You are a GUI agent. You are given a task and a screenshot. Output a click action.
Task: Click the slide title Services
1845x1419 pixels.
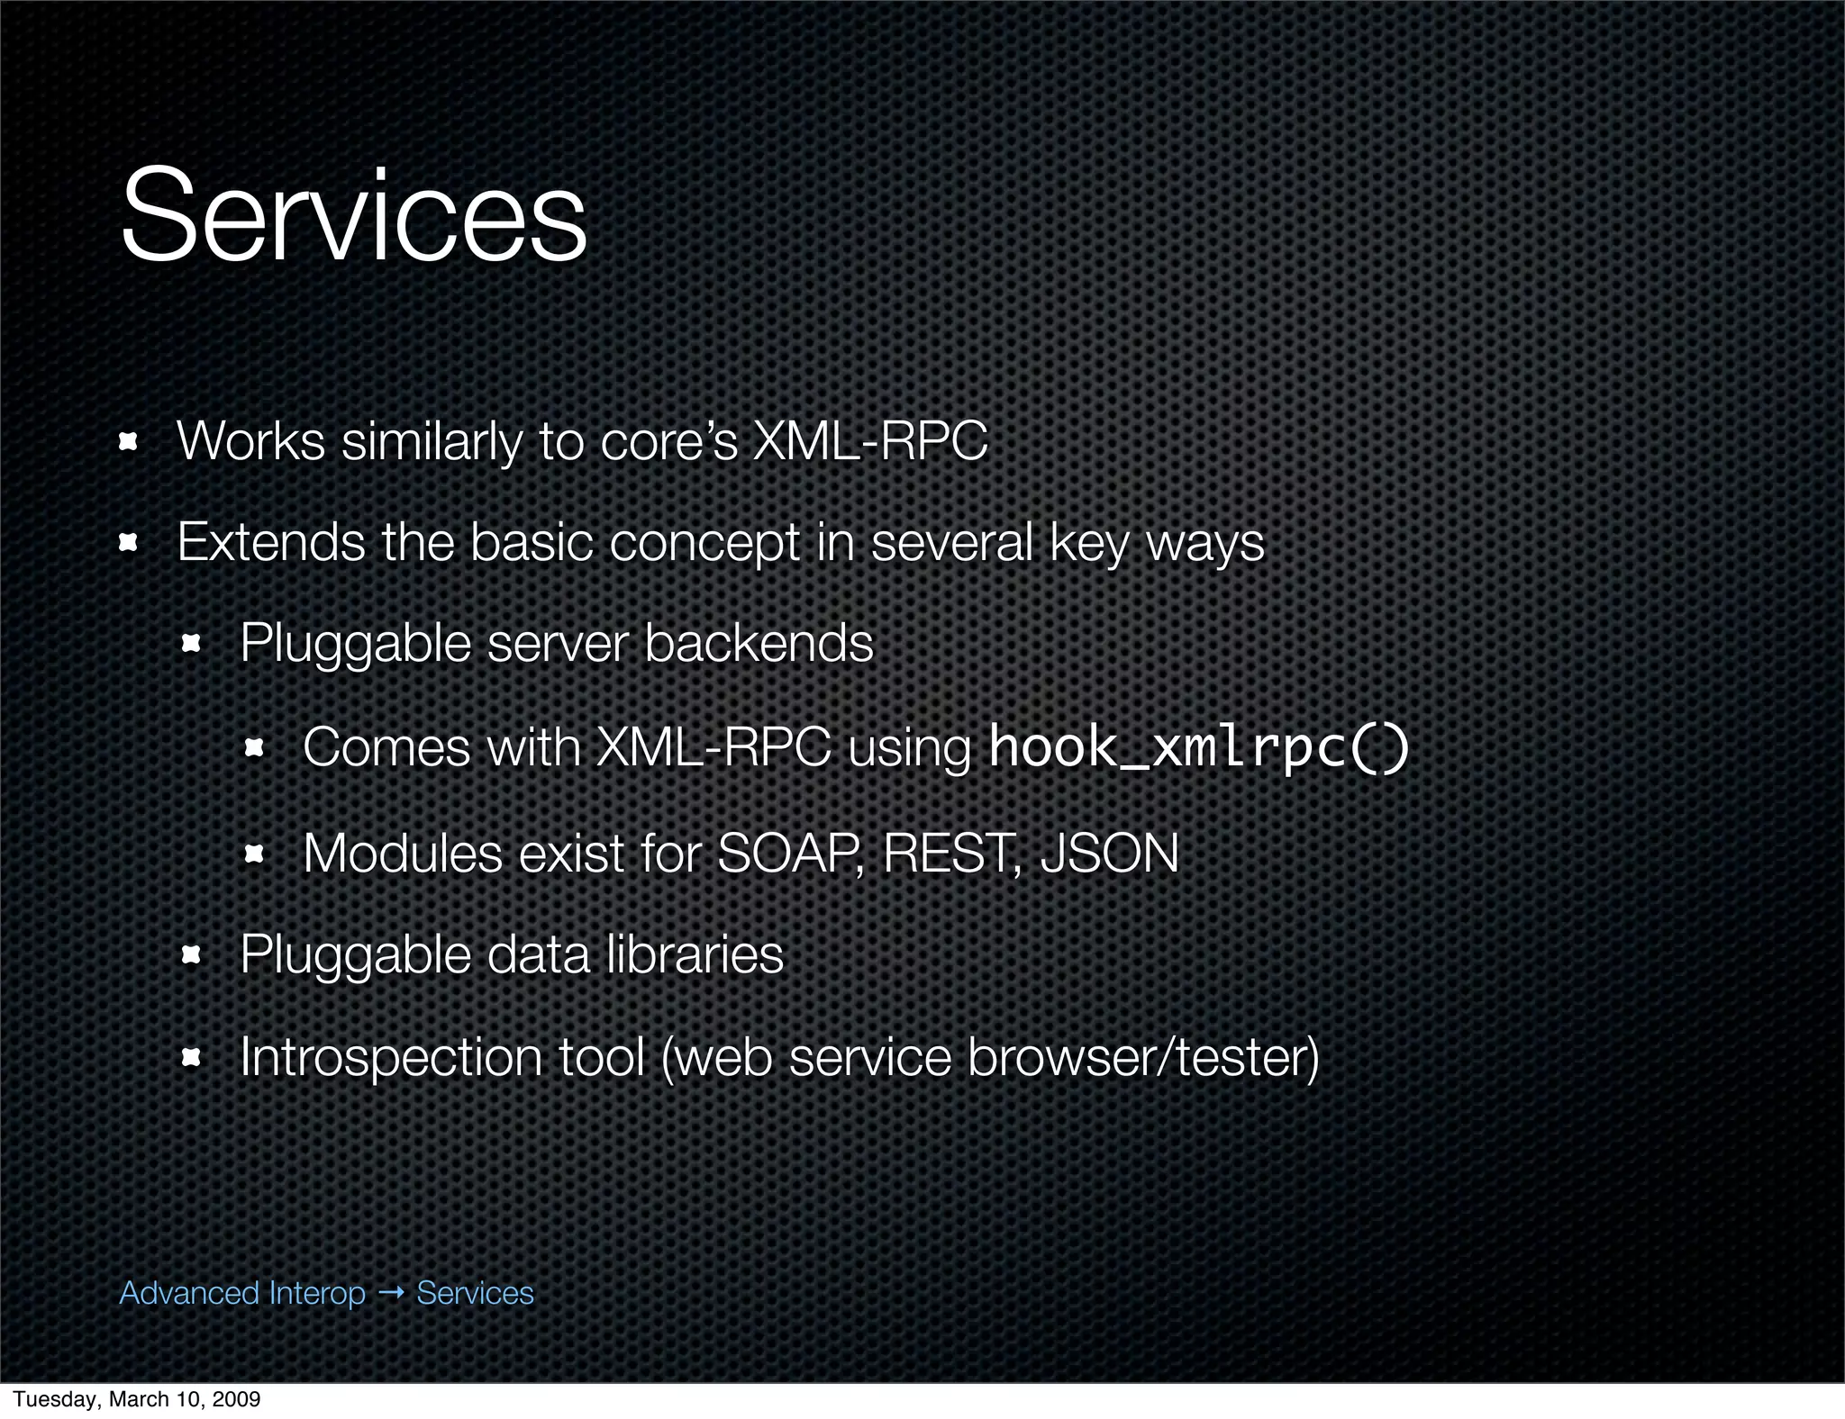353,216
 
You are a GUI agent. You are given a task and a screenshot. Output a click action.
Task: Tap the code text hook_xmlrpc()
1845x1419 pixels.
1198,747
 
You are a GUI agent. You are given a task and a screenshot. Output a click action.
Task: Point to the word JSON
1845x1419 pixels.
1109,854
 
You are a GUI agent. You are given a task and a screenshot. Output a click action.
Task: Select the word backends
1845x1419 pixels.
759,643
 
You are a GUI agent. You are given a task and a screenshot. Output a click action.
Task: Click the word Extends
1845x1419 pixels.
270,542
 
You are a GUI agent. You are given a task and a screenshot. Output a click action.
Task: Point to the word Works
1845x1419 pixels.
250,441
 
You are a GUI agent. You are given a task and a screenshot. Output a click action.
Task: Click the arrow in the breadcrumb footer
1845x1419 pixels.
391,1293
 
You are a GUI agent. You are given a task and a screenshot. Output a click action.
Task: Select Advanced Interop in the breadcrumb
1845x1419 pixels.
242,1293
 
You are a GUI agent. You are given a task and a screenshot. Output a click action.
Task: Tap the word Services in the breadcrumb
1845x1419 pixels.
475,1293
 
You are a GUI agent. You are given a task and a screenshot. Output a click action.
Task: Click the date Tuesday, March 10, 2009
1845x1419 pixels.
137,1398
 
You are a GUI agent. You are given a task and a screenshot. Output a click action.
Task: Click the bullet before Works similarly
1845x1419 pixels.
128,441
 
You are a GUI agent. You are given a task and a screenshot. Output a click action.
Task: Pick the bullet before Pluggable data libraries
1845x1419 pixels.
191,954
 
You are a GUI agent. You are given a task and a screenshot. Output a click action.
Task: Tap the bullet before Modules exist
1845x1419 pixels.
254,854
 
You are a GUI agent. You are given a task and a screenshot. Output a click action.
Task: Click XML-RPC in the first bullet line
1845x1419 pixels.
869,441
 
